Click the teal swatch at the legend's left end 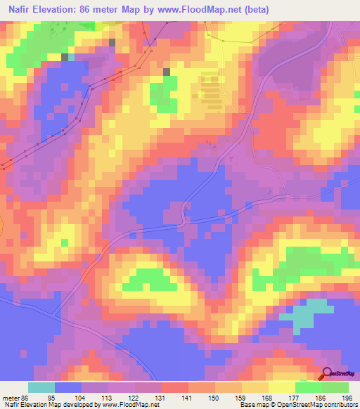tap(41, 387)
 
